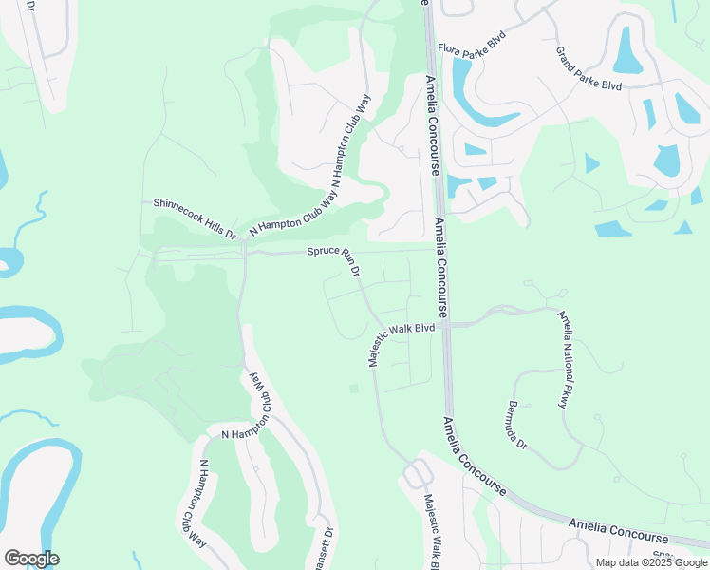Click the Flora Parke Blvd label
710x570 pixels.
tap(471, 43)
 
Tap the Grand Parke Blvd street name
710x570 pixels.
tap(589, 67)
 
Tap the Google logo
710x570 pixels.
tap(31, 559)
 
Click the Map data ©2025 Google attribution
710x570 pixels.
tap(651, 562)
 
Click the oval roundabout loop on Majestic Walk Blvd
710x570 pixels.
tap(416, 473)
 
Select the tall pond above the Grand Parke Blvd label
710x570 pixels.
tap(627, 50)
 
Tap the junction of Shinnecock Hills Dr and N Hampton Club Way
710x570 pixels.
tap(244, 242)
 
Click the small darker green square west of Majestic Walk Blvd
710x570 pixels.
tap(354, 388)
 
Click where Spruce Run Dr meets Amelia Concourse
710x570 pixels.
tap(438, 251)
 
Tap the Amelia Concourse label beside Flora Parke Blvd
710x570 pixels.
tap(432, 123)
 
